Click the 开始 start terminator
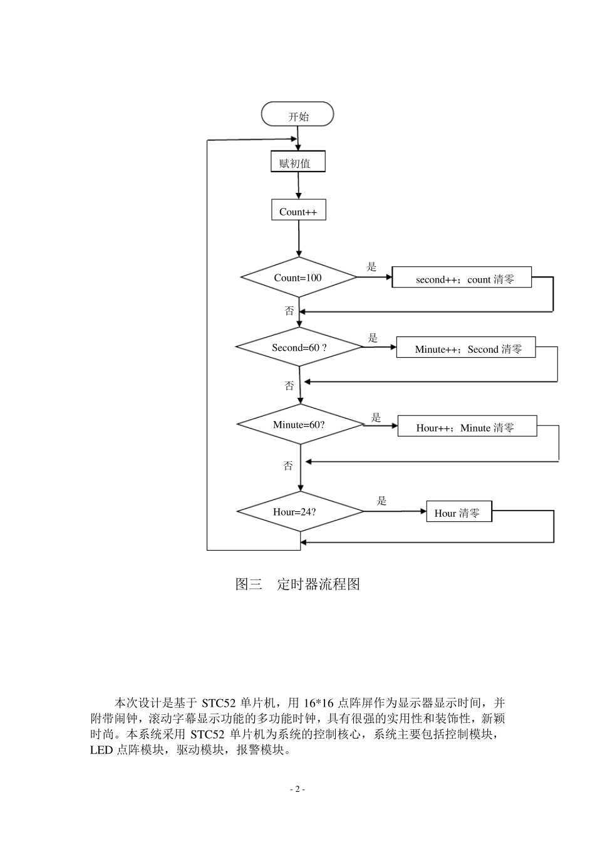pos(297,116)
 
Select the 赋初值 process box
pos(298,163)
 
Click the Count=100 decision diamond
pos(299,277)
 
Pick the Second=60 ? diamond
pos(299,347)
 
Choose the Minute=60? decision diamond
pos(299,424)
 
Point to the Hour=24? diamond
pos(299,511)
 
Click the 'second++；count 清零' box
pos(462,279)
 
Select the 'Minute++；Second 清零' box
pos(466,349)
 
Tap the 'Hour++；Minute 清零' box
pos(467,427)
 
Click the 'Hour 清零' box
pos(458,512)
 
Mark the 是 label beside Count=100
pos(372,268)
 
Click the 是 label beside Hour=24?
pos(381,501)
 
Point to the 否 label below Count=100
pos(289,310)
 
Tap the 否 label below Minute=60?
pos(288,465)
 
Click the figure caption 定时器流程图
pos(318,584)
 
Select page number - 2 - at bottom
pos(297,789)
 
